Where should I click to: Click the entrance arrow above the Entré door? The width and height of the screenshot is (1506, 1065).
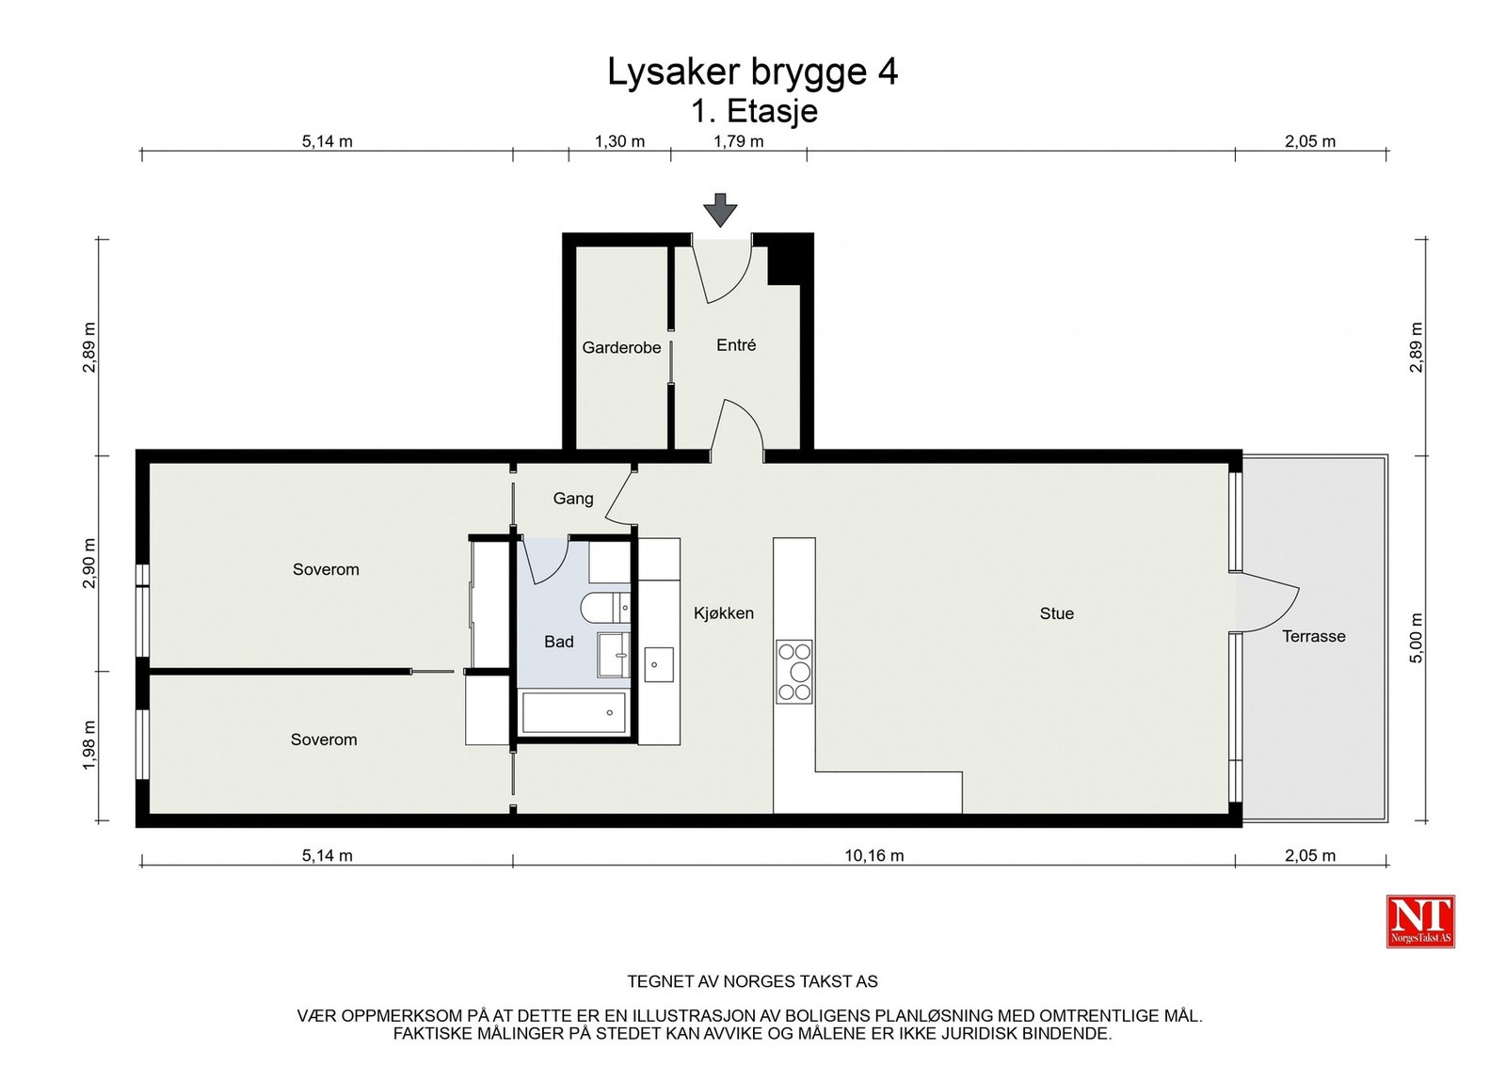[x=720, y=210]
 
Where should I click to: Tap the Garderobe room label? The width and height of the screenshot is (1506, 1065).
[x=621, y=347]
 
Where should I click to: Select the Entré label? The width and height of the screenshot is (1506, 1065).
[x=736, y=344]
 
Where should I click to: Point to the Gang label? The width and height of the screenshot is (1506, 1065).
[x=573, y=499]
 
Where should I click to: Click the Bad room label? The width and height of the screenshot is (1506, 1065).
[x=559, y=642]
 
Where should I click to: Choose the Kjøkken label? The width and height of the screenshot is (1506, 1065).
[x=724, y=612]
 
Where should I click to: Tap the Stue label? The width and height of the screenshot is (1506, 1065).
[x=1057, y=612]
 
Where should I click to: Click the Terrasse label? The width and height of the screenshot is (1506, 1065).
[x=1314, y=636]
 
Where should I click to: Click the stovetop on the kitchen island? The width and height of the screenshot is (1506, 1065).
[x=794, y=671]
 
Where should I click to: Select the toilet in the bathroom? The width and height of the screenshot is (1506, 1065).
[x=605, y=608]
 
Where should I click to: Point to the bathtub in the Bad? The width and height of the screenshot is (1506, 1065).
[x=574, y=712]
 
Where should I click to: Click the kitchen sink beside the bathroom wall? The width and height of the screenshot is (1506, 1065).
[x=659, y=664]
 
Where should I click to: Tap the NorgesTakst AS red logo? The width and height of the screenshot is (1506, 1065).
[x=1420, y=921]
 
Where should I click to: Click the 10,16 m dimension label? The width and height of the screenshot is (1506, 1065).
[x=874, y=855]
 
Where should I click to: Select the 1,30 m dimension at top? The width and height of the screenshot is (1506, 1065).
[x=619, y=141]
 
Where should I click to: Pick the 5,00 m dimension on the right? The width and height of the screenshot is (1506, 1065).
[x=1416, y=638]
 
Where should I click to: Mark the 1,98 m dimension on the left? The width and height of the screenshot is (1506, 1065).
[x=88, y=745]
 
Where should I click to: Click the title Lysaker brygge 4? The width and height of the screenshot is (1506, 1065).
[x=752, y=72]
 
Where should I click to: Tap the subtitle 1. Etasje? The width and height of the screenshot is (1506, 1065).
[x=754, y=111]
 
